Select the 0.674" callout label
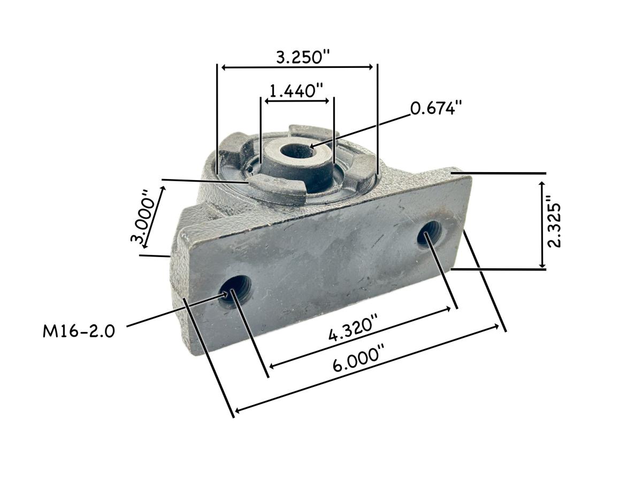[x=435, y=108]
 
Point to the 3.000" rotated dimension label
[x=146, y=216]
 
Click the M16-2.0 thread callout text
[x=79, y=331]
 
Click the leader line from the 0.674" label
[x=364, y=129]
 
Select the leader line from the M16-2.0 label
[x=171, y=311]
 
